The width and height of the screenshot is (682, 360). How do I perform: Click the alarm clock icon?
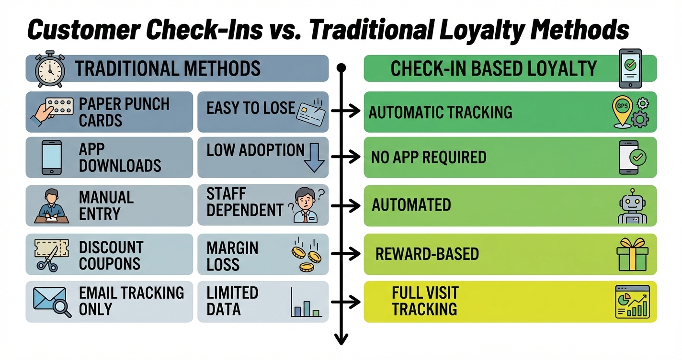(x=50, y=69)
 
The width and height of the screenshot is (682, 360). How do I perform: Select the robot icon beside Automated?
(x=632, y=206)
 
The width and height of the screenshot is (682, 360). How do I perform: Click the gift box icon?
(x=632, y=255)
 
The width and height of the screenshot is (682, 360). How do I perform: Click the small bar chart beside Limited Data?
(x=306, y=304)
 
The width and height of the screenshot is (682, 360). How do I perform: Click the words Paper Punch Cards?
(x=124, y=112)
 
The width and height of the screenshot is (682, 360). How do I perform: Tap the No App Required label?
(x=428, y=157)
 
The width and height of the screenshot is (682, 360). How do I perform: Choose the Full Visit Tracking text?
(x=424, y=301)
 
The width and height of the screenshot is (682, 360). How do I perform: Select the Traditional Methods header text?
(x=168, y=68)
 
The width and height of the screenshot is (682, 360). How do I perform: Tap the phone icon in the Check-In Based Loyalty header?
(x=630, y=68)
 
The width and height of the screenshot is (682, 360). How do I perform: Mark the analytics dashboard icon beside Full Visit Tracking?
(x=632, y=302)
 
